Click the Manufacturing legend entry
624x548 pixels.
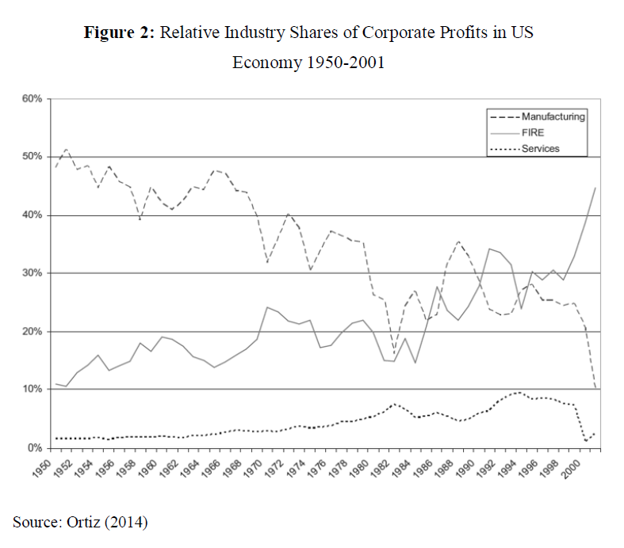553,116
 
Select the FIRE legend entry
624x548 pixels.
534,133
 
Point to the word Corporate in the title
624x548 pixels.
382,34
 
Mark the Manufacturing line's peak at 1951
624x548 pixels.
67,149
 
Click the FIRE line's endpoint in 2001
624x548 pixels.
595,188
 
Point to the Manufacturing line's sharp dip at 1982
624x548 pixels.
394,353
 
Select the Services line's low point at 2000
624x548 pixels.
585,441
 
